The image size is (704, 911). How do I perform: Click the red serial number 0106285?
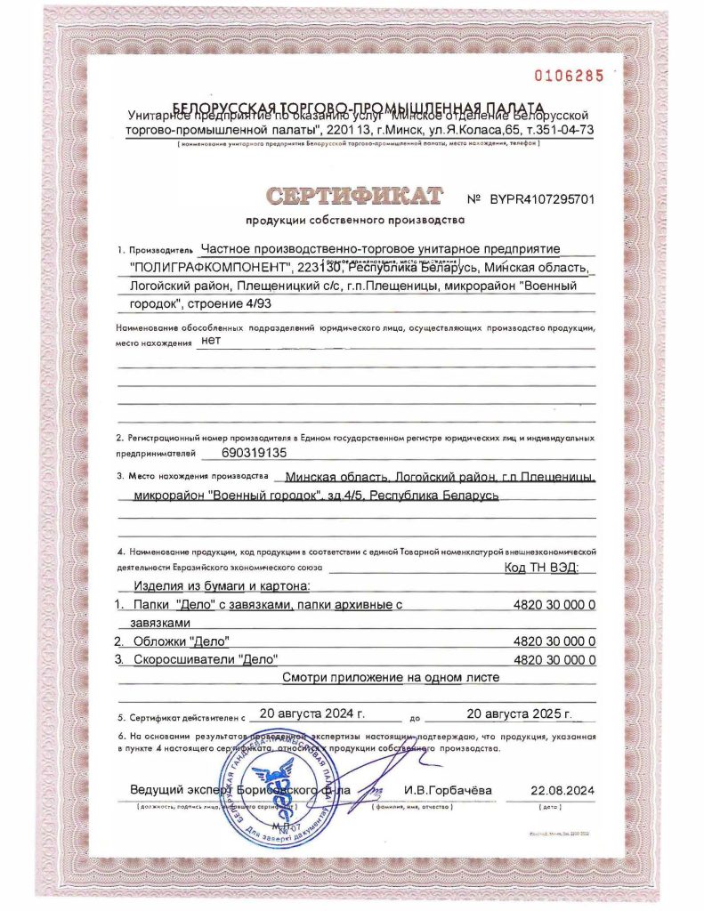[568, 76]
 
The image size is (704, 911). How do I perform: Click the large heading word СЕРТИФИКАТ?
[354, 196]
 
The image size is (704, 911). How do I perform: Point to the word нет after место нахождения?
[212, 339]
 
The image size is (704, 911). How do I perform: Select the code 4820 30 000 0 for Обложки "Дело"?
[554, 641]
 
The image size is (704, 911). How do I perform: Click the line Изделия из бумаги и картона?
[221, 587]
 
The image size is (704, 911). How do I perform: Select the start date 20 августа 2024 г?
[308, 713]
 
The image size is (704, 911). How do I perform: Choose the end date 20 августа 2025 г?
[518, 713]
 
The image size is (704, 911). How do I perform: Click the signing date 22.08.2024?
[562, 790]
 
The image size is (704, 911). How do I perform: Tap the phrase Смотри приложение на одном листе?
[391, 678]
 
